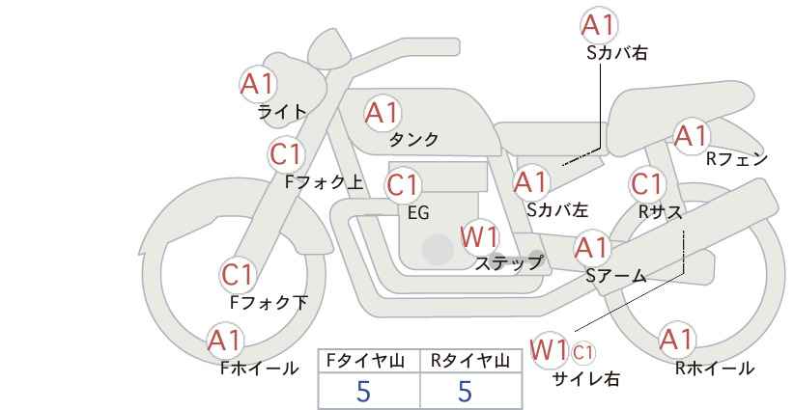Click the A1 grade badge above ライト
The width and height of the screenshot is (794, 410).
coord(258,83)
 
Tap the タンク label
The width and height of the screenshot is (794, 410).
coord(413,140)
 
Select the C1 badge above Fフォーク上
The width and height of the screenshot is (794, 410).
coord(287,153)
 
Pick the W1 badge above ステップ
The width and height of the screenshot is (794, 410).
coord(479,236)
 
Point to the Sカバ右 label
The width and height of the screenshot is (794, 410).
coord(616,54)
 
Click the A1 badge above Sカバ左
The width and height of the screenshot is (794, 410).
coord(531,181)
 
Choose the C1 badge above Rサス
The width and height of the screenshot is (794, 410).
coord(647,183)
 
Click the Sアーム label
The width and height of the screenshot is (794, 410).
coord(615,276)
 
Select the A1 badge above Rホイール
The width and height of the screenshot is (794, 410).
coord(676,340)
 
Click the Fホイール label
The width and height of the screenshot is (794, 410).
coord(260,368)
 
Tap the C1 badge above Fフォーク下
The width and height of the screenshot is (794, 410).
coord(237,276)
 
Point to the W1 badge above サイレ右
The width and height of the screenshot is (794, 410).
coord(550,348)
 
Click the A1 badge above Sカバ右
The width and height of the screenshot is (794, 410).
coord(598,24)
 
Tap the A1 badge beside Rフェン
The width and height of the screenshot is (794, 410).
coord(692,136)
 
